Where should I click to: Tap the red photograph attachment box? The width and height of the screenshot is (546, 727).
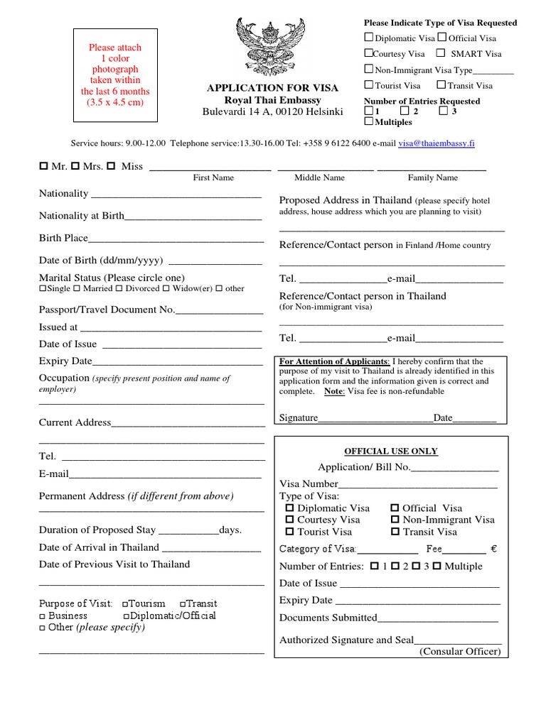click(115, 75)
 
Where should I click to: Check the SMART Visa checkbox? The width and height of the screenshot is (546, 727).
click(441, 53)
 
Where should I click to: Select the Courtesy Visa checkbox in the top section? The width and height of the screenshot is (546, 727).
click(368, 53)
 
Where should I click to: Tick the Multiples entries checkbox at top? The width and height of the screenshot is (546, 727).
click(368, 122)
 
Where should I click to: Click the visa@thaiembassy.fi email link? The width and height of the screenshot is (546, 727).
click(437, 143)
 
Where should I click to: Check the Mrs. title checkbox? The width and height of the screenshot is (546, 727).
click(75, 166)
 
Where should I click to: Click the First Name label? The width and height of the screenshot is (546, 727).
click(213, 178)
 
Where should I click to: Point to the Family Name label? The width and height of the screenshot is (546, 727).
click(432, 178)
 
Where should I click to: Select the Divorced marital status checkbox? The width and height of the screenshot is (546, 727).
click(119, 289)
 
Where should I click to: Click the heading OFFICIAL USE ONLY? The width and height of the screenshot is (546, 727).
click(391, 452)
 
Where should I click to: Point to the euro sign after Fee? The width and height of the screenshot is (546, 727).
click(493, 549)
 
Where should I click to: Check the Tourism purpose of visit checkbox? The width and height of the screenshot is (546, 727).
click(125, 604)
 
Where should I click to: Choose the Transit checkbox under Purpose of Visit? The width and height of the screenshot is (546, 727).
click(183, 604)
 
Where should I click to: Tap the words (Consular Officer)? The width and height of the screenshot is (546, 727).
click(460, 652)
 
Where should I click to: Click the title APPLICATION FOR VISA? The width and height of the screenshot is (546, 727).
click(272, 88)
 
